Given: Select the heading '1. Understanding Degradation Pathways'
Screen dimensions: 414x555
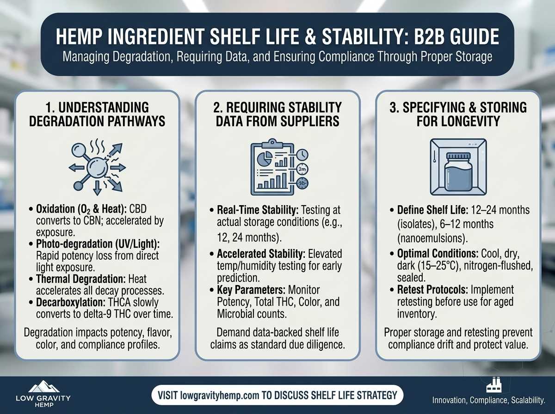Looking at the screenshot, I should (98, 115).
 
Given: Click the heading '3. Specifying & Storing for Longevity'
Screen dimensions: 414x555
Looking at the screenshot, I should (457, 115).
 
